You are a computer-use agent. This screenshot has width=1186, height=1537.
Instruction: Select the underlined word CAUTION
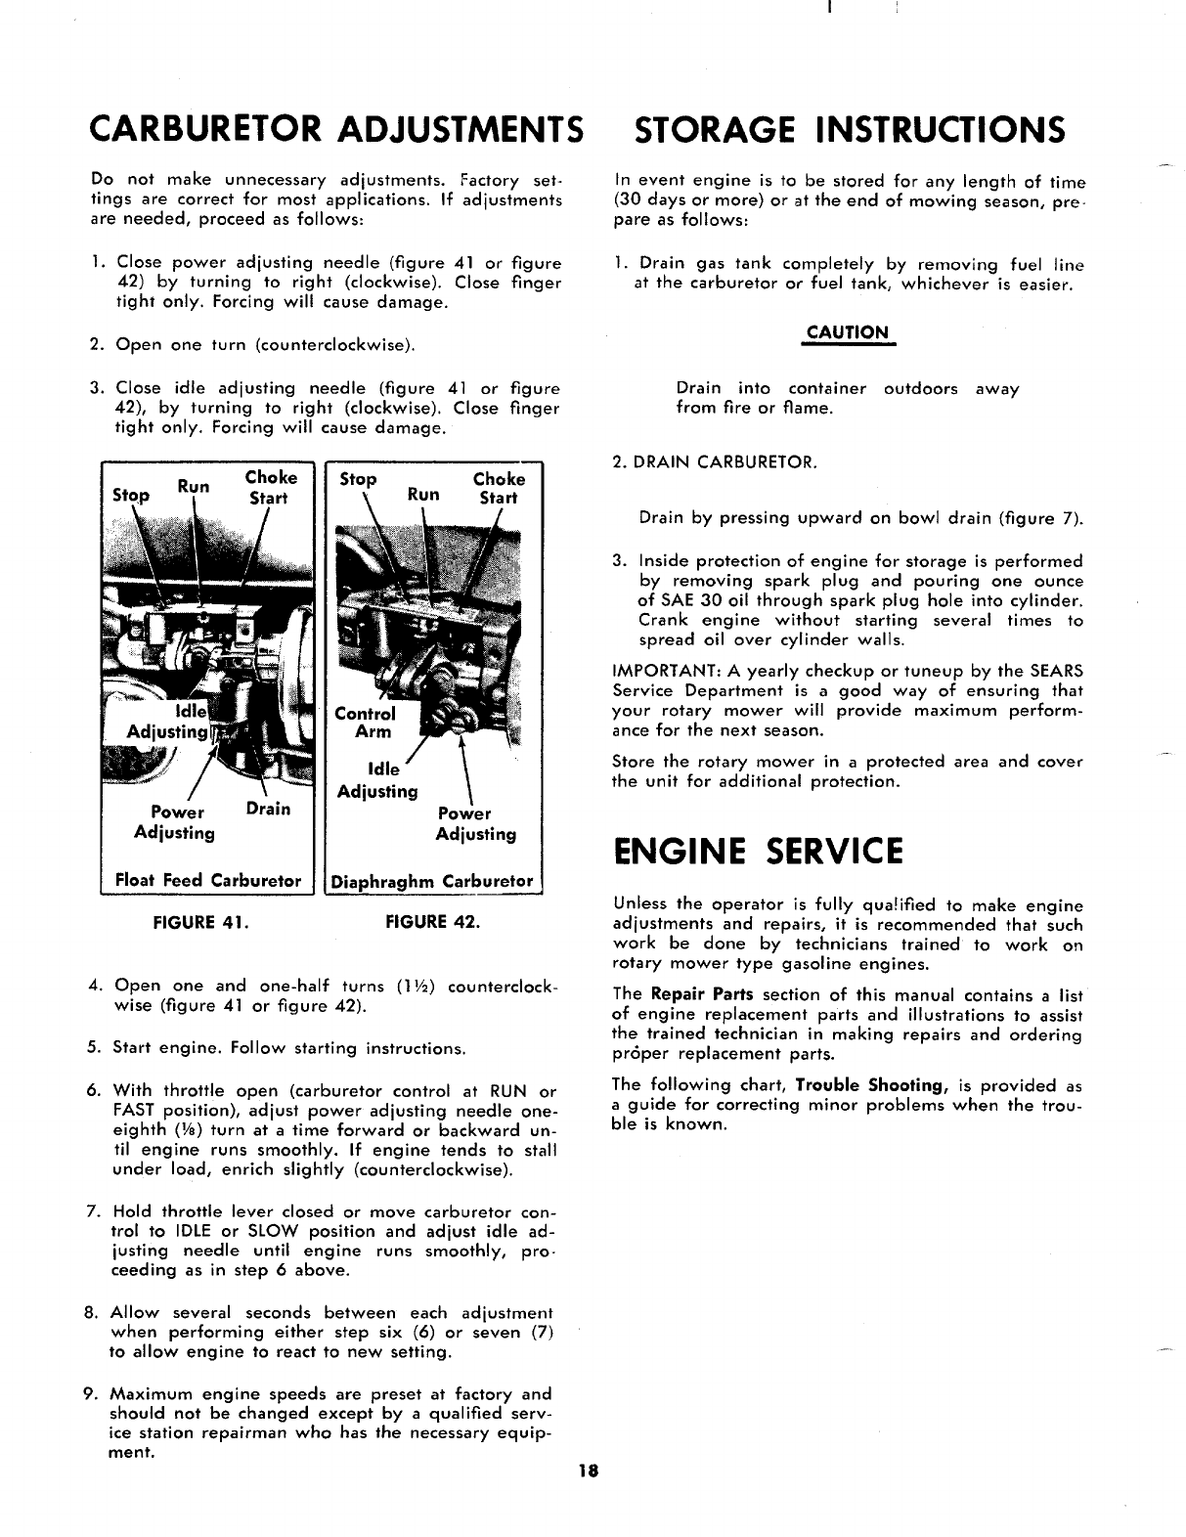coord(849,332)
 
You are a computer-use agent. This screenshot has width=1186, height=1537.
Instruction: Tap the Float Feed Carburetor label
coord(208,880)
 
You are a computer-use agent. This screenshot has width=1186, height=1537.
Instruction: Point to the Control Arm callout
coord(365,723)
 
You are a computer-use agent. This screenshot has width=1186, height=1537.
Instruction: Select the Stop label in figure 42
coord(357,479)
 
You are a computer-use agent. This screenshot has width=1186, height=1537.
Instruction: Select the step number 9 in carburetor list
coord(90,1394)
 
